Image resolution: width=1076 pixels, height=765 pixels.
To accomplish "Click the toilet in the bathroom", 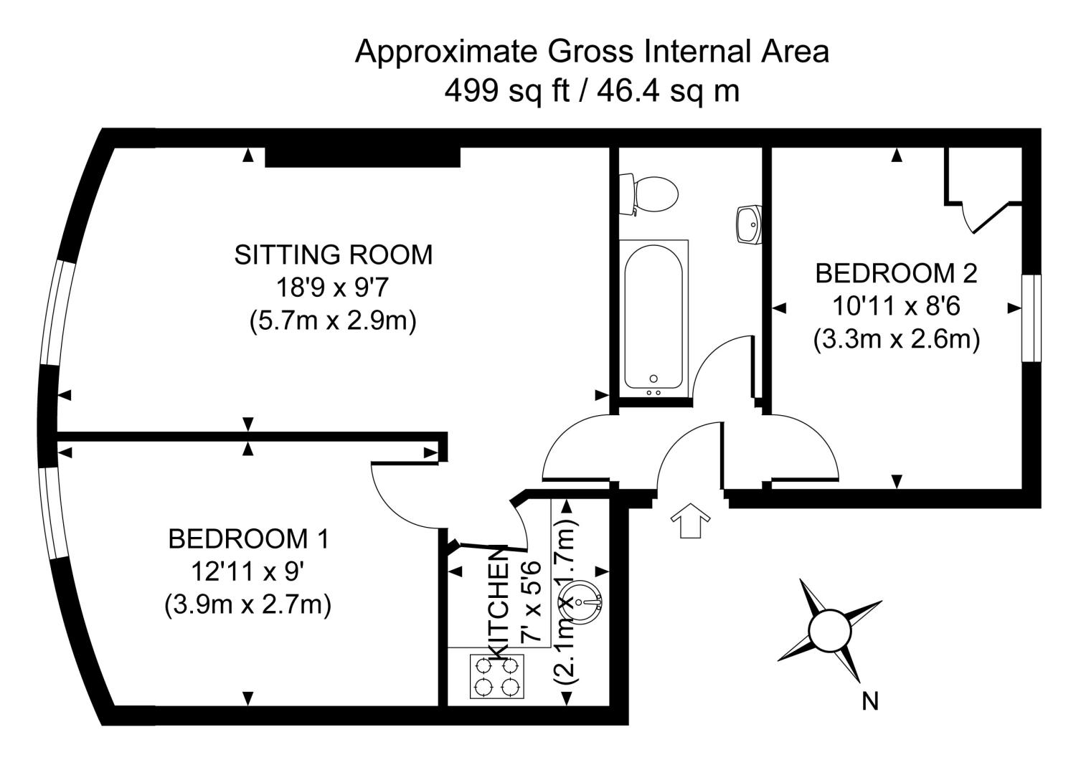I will point(651,194).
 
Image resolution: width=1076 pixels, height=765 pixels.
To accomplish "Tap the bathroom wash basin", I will point(749,224).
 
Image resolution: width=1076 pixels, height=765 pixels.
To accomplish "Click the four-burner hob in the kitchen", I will point(497,676).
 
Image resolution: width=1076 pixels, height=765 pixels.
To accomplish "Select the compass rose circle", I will point(829,630).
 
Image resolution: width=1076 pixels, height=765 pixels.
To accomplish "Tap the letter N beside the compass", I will point(869,701).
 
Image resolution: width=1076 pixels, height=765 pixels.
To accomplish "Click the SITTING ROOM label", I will point(334,255).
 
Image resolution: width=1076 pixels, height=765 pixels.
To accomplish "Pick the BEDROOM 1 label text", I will point(248,538).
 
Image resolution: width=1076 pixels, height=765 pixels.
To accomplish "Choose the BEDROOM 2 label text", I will point(896,273).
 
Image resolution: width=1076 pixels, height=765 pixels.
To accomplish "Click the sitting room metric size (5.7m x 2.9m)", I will point(334,320).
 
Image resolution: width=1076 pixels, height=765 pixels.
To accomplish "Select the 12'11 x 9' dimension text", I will point(248,572).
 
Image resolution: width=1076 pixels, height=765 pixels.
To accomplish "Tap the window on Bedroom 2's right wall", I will point(1031,318).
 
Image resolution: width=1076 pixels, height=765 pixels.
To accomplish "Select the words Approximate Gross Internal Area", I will point(592,52).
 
